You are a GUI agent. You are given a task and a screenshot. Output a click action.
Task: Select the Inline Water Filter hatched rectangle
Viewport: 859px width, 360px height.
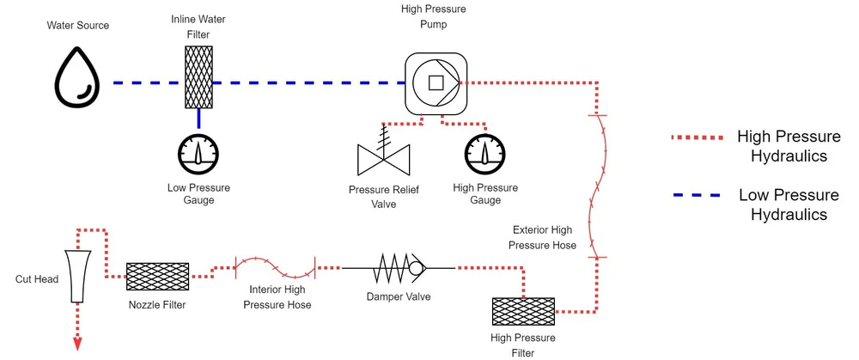(198, 77)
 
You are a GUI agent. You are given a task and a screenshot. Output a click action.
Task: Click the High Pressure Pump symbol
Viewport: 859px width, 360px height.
(435, 82)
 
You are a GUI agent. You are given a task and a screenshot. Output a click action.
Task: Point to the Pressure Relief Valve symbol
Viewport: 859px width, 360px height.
(383, 154)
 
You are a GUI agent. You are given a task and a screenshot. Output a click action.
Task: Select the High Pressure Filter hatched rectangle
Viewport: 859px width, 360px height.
(523, 314)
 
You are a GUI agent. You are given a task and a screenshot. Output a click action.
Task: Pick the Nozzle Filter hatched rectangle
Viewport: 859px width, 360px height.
(157, 277)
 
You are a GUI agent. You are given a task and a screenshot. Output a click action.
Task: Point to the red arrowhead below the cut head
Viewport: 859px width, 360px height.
(77, 344)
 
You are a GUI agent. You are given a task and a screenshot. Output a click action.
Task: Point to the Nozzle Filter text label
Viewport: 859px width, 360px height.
(157, 305)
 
